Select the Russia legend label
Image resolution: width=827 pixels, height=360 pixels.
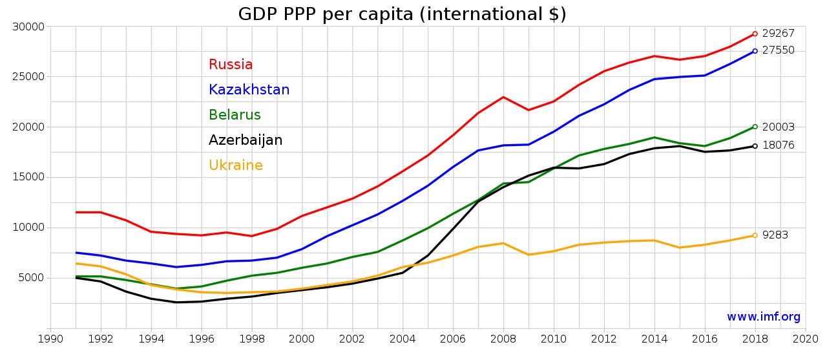[231, 64]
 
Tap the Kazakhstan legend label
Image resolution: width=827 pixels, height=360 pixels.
[249, 89]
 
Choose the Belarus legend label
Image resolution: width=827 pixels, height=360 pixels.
[235, 115]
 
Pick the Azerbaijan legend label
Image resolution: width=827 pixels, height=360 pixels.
[246, 140]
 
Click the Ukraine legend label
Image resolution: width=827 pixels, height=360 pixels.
[236, 165]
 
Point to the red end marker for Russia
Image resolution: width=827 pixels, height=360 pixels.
[755, 34]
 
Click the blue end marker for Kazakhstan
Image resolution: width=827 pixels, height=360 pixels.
[755, 51]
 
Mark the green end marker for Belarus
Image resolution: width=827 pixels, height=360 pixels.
[755, 127]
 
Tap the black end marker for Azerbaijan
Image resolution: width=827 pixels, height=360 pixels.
[755, 146]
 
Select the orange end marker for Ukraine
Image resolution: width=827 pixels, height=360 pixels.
[755, 235]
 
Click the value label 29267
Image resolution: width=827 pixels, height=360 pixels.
[779, 33]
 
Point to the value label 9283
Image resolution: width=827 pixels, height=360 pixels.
[775, 235]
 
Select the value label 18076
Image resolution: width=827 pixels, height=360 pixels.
[779, 145]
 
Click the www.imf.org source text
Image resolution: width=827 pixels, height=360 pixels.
[764, 317]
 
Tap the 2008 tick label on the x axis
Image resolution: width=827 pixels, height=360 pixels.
[503, 339]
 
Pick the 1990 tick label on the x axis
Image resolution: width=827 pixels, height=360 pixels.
[50, 339]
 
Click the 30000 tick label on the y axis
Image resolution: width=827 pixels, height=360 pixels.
[28, 26]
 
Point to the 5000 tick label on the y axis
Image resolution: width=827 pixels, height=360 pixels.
[32, 278]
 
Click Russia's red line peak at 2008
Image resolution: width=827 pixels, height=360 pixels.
[503, 97]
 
